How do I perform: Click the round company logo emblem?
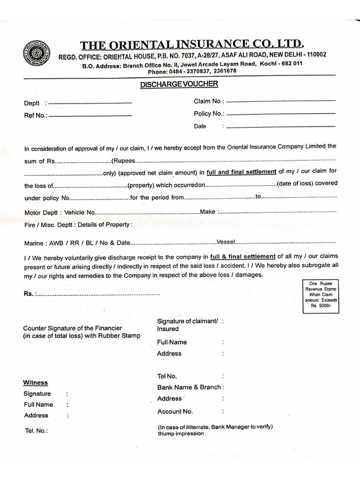point(36,53)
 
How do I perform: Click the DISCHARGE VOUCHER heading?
point(179,84)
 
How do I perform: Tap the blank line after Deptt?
point(90,103)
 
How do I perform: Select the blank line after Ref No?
point(90,116)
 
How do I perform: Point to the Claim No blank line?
point(281,101)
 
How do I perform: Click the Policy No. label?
point(209,113)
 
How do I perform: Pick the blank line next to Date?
point(281,127)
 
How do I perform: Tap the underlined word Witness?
point(36,382)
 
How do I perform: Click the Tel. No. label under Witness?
point(36,430)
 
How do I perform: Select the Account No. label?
point(175,412)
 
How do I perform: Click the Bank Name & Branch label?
point(189,387)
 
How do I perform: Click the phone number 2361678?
point(225,71)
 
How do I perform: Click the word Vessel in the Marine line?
point(225,242)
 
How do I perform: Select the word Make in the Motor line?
point(207,212)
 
